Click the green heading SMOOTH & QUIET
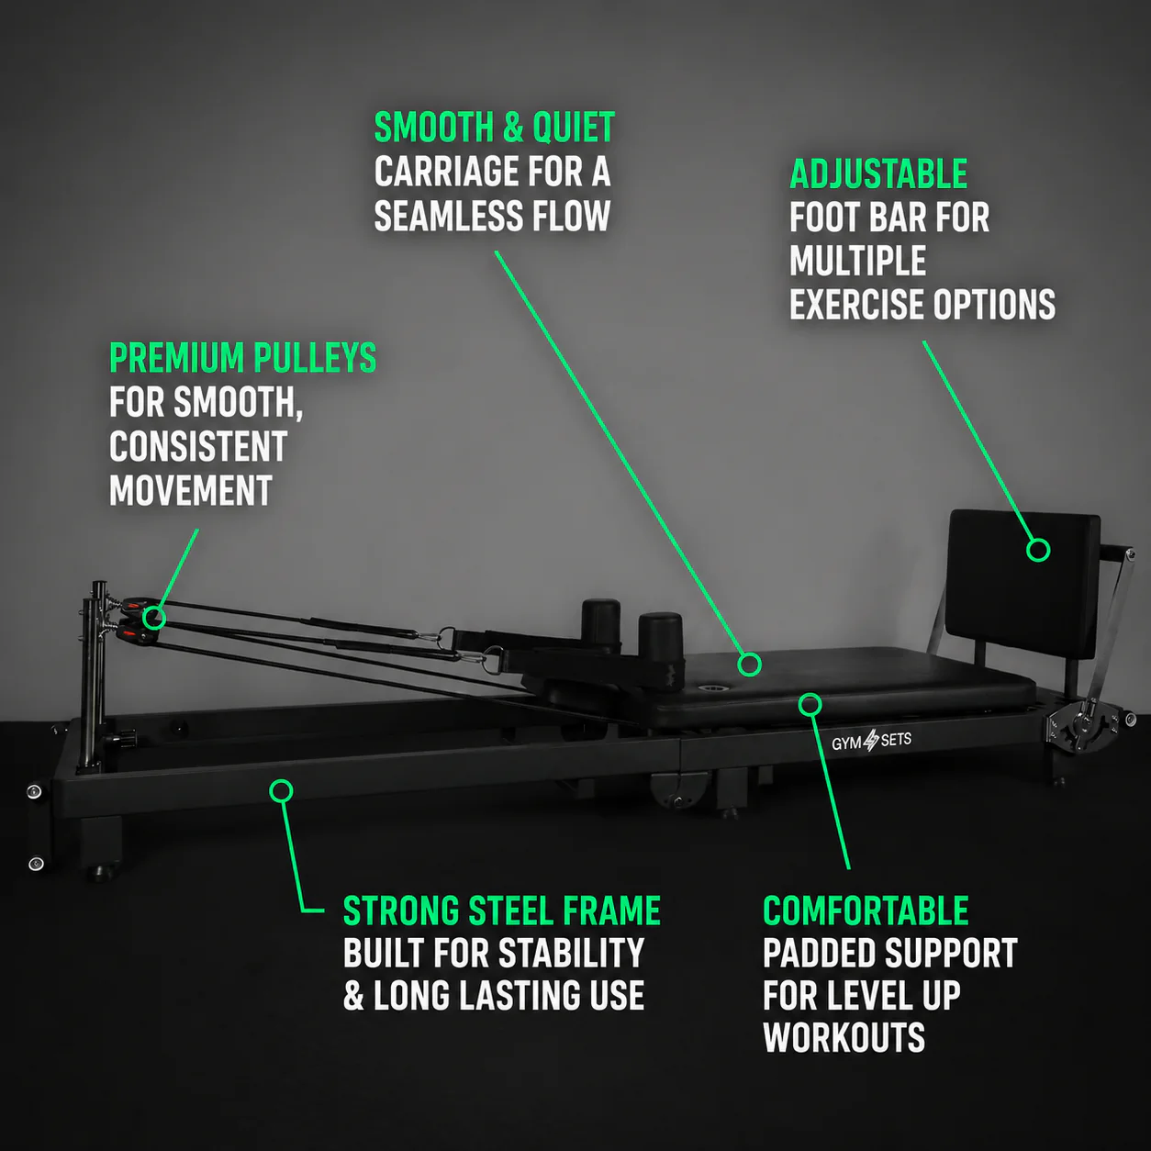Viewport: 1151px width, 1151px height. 494,128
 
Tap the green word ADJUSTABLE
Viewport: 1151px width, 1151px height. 878,173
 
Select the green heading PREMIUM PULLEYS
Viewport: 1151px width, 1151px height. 242,358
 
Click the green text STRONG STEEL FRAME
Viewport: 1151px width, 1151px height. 502,911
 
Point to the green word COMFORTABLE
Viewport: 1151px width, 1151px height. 866,911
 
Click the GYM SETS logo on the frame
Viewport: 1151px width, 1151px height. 871,741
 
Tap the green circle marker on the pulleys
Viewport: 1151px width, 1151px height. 154,618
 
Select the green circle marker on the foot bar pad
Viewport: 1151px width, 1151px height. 1038,550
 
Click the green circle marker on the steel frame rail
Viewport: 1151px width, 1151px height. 281,791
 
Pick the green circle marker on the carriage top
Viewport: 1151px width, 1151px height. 749,665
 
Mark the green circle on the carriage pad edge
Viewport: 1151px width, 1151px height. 810,705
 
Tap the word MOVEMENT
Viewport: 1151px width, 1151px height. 191,491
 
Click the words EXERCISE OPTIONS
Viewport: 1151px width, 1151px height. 922,305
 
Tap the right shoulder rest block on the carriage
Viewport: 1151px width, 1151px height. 660,636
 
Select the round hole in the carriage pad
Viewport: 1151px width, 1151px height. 712,690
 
